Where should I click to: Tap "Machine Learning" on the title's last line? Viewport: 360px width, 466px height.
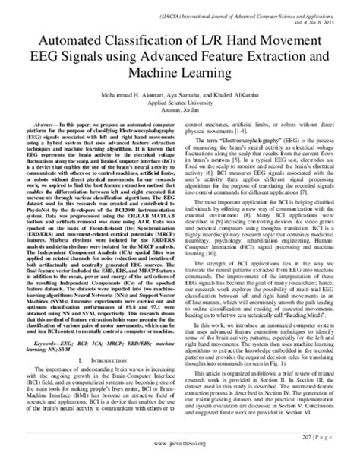[x=180, y=71]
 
